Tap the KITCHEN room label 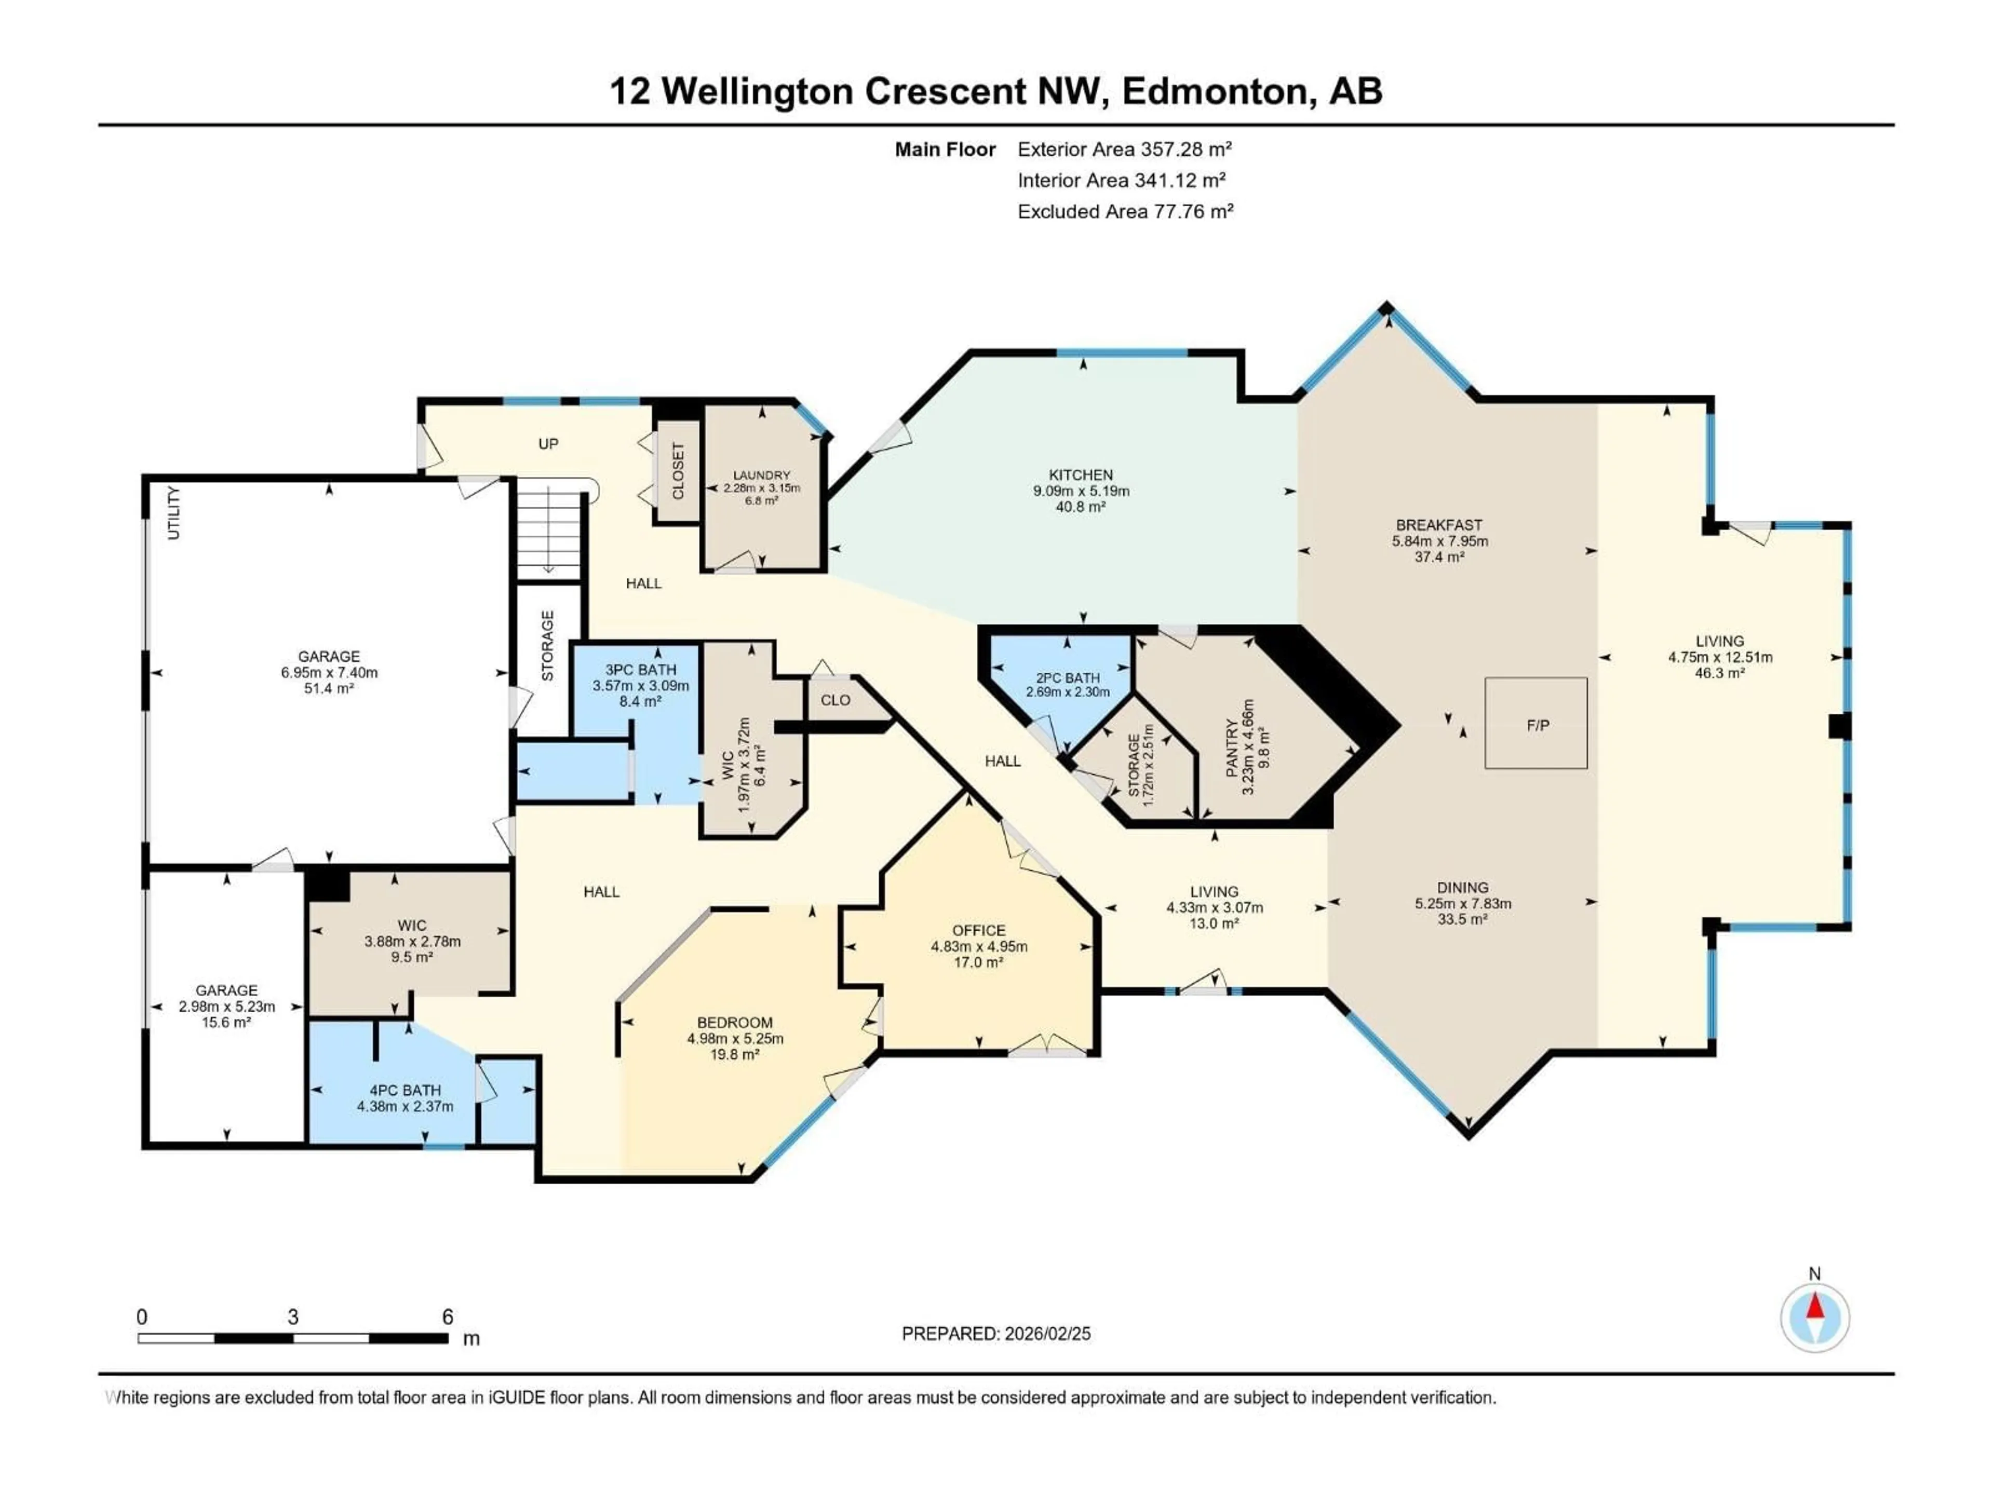[x=1081, y=475]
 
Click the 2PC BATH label [x=1067, y=677]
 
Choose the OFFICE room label [x=979, y=930]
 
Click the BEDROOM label [x=735, y=1022]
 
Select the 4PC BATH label [x=405, y=1091]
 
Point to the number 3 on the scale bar [x=293, y=1316]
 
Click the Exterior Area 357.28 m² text [x=1124, y=149]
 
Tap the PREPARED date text [x=996, y=1334]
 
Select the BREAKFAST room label [x=1439, y=524]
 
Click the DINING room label [x=1462, y=888]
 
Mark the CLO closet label [x=835, y=700]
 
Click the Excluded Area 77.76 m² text [x=1125, y=212]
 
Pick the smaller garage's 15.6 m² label [x=226, y=1022]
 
